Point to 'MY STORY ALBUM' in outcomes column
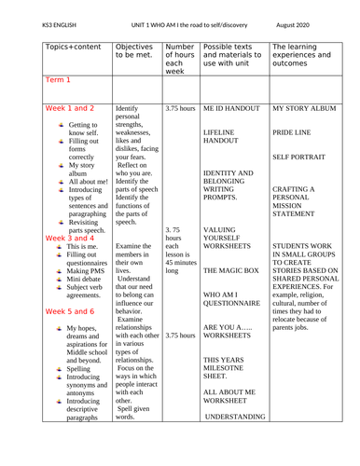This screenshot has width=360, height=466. pyautogui.click(x=305, y=109)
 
